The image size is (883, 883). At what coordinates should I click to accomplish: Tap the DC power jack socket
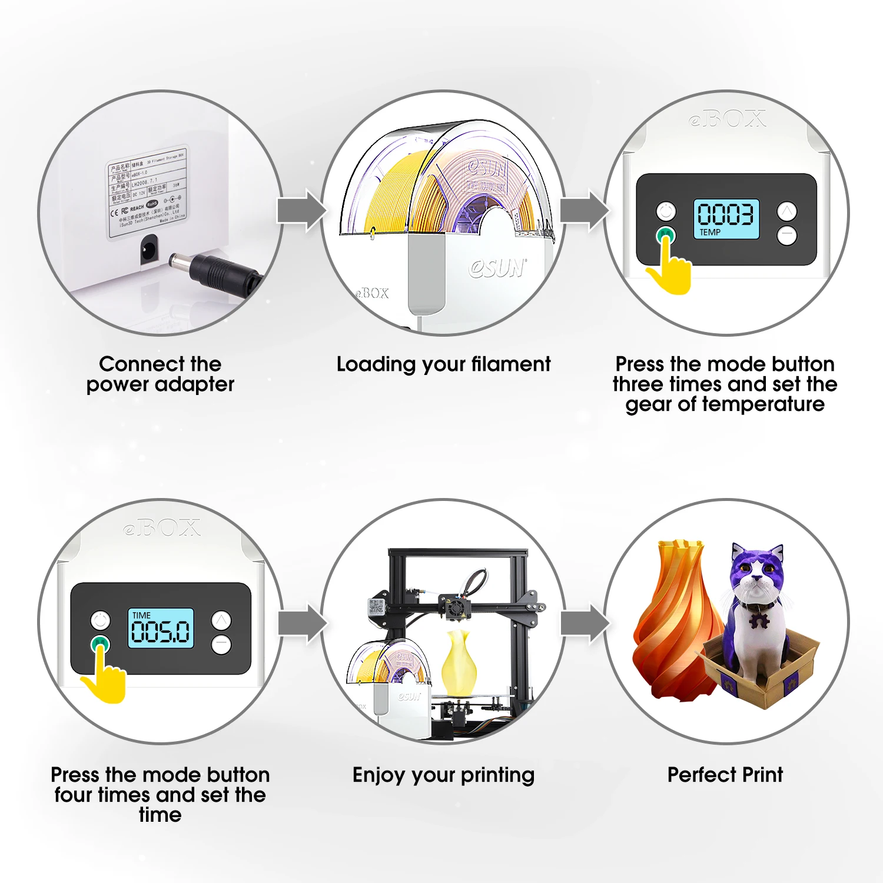pos(148,249)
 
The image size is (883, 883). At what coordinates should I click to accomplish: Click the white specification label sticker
pos(147,193)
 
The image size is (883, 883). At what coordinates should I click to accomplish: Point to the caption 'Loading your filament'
pos(443,364)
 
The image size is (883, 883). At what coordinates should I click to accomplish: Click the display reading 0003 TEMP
pos(726,218)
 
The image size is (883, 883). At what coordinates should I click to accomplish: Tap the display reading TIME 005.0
pos(161,628)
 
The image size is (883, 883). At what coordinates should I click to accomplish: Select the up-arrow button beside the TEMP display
pos(787,211)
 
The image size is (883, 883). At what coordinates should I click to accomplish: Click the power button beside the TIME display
pos(100,620)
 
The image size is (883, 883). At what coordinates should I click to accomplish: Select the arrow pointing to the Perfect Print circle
pos(584,623)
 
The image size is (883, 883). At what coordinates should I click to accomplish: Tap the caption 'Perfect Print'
pos(725,775)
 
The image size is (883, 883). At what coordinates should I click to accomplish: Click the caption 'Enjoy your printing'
pos(443,775)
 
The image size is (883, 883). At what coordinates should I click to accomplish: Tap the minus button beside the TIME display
pos(221,645)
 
